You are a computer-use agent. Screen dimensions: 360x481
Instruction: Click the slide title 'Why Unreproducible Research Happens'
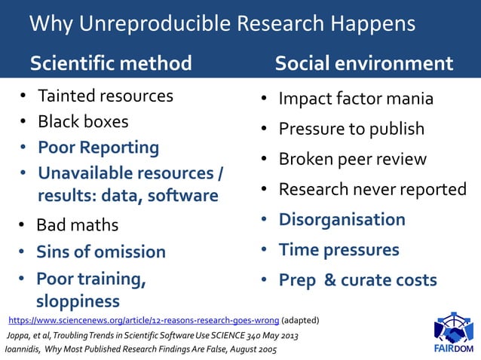point(222,24)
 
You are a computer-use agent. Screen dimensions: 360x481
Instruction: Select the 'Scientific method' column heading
point(111,63)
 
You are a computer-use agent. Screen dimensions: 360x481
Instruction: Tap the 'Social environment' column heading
point(364,63)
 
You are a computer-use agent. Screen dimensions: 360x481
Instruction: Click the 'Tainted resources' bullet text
point(106,96)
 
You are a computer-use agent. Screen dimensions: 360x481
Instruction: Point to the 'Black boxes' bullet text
point(83,121)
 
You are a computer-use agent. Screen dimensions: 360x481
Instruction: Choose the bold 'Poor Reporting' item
point(98,147)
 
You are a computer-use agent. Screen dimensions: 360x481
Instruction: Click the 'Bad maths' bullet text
point(78,224)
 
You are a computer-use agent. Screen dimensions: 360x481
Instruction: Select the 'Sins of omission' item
point(101,252)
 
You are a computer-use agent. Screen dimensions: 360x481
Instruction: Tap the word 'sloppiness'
point(78,301)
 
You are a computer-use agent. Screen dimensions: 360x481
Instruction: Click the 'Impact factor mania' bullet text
point(366,99)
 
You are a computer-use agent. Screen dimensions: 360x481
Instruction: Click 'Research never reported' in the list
point(372,189)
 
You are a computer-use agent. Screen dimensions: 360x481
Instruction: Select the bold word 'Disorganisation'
point(342,219)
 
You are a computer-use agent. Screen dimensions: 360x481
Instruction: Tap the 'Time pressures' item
point(339,249)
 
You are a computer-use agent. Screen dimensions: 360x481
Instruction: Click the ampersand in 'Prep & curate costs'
point(329,280)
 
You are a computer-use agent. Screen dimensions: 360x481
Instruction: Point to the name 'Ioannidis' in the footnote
point(22,349)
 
